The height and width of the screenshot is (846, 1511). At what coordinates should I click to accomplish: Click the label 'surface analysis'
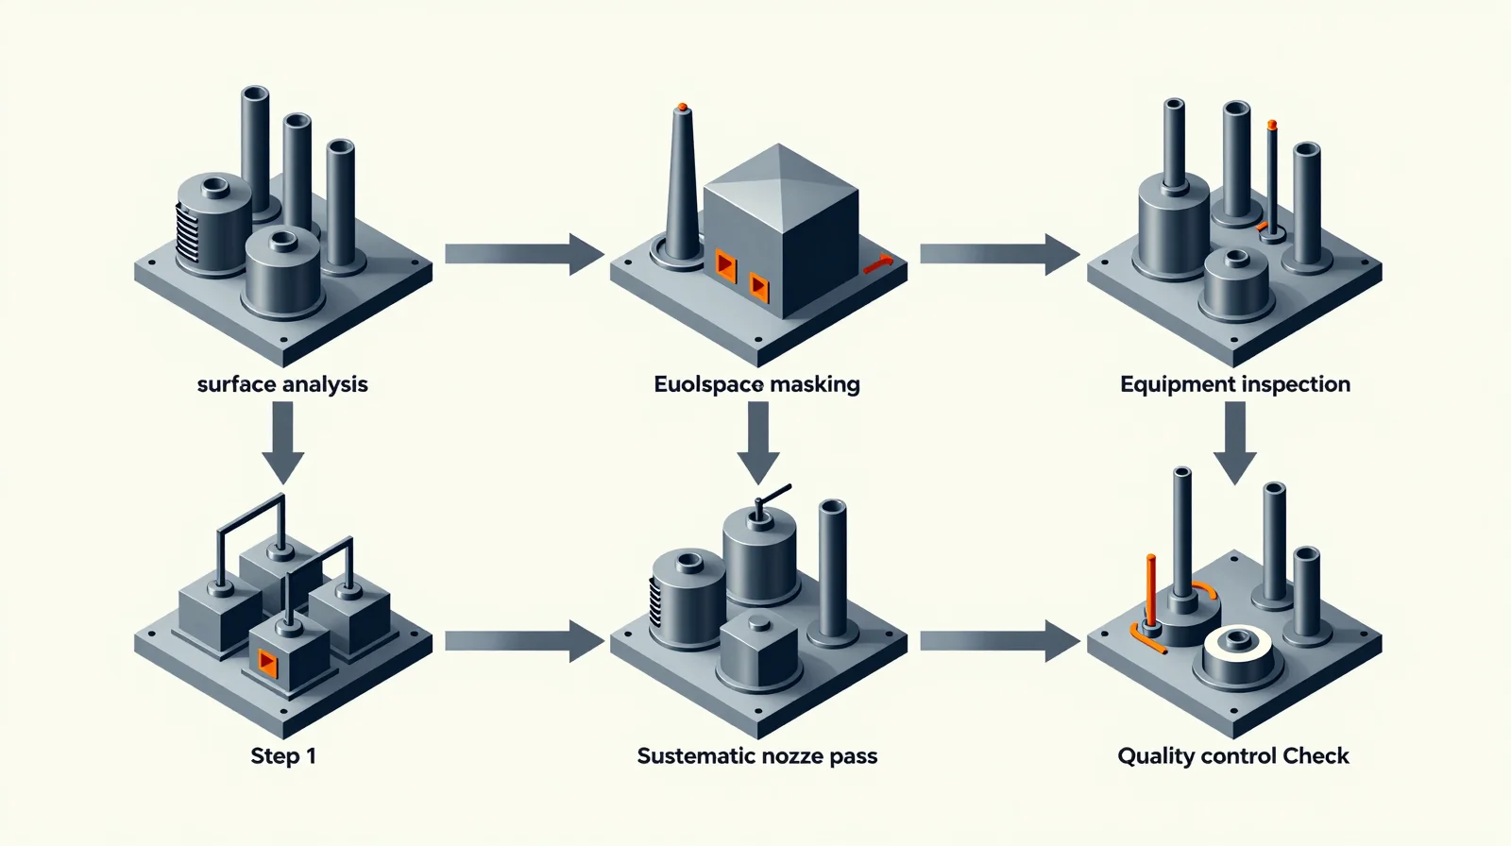click(282, 384)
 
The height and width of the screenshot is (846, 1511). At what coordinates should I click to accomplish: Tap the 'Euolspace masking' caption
click(756, 384)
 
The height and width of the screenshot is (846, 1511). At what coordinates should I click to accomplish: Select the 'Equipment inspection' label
click(1235, 384)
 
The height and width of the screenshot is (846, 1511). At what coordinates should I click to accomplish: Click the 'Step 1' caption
click(283, 755)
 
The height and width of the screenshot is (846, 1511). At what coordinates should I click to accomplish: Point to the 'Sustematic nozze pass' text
click(756, 755)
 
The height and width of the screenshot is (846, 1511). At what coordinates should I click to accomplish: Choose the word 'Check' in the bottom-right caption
click(1316, 755)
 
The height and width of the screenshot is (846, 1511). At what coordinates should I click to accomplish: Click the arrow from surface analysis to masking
click(524, 254)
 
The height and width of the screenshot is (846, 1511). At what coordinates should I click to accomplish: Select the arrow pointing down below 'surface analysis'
click(283, 443)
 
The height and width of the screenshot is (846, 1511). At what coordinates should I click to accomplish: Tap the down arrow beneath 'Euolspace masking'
click(758, 443)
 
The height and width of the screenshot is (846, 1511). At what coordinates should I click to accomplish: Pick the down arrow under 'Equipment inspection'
click(1235, 443)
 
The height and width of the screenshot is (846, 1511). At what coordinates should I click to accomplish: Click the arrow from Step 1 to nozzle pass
click(524, 642)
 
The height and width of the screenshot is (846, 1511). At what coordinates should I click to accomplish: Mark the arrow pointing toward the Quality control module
click(1000, 642)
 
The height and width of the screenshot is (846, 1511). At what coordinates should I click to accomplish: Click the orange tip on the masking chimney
click(683, 107)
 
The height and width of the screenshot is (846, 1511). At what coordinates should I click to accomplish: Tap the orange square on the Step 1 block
click(268, 664)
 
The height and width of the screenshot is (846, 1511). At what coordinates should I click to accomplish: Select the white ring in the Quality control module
click(1237, 644)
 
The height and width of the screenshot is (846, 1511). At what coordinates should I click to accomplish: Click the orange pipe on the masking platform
click(878, 264)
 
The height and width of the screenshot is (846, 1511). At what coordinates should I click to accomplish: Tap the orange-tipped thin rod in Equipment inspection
click(1272, 179)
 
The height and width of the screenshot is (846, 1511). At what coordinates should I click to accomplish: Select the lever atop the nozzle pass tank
click(768, 502)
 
